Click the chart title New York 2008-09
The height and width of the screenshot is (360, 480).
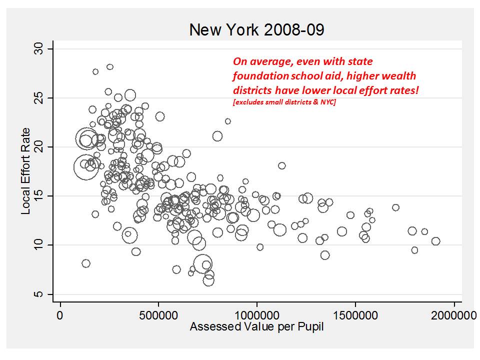pos(256,30)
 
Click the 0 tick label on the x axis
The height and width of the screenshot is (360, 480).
pos(60,316)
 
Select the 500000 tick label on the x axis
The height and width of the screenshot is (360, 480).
pos(158,316)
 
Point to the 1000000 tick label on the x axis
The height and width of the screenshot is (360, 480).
pos(257,316)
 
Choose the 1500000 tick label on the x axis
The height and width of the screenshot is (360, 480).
pos(355,316)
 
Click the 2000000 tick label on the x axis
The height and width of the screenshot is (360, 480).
pos(454,316)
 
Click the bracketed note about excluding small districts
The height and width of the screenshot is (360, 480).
pos(284,102)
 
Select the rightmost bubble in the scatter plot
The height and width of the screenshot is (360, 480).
pos(435,241)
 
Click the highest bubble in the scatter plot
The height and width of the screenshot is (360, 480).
pos(110,67)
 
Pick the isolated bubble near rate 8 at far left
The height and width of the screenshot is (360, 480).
pos(86,263)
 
